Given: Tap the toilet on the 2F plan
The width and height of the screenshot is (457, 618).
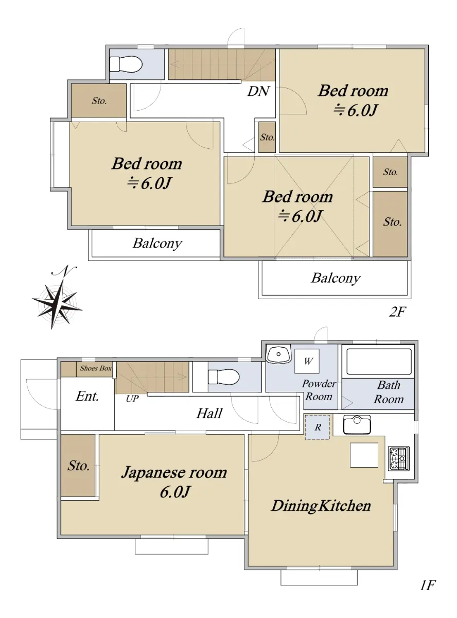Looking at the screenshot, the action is click(x=126, y=65).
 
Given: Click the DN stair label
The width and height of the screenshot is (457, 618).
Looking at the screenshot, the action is click(x=258, y=91).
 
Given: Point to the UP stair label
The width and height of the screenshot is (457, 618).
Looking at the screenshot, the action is click(x=132, y=399).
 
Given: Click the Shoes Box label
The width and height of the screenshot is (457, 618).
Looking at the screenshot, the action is click(x=96, y=368).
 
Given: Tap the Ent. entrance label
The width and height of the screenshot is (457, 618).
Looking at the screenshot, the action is click(x=87, y=396).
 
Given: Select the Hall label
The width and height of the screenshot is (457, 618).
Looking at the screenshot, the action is click(x=209, y=413).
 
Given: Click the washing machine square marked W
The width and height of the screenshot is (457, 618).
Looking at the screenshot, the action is click(x=307, y=361).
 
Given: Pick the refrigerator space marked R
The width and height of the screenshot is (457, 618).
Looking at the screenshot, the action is click(x=318, y=427).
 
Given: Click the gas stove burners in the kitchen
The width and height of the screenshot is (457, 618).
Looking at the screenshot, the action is click(x=399, y=458).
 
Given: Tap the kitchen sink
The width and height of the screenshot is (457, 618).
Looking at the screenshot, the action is click(x=357, y=425).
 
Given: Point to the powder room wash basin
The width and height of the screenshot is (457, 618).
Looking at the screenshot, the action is click(x=278, y=354).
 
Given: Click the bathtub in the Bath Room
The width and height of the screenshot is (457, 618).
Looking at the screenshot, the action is click(x=379, y=362).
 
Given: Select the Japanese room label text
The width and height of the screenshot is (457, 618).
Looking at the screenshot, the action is click(x=174, y=473).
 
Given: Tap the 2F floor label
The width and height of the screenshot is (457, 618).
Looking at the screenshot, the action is click(x=397, y=312).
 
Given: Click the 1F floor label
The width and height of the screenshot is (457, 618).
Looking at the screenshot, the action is click(x=428, y=585).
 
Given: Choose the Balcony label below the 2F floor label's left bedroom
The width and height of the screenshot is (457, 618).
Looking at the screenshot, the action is click(x=157, y=243).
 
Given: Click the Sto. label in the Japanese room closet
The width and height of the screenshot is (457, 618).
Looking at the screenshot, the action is click(x=79, y=466).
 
